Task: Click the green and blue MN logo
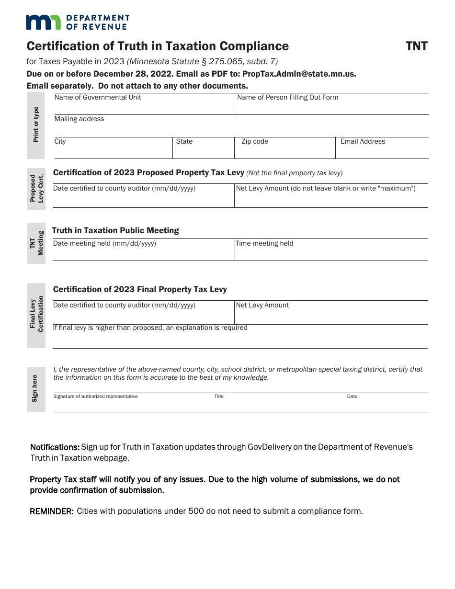[44, 22]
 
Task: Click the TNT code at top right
[416, 46]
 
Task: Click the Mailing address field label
[79, 119]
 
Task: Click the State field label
[184, 142]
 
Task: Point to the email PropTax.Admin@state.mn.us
[299, 74]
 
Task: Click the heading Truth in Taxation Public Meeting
[115, 230]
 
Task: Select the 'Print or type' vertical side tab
[36, 125]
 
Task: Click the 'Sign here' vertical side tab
[35, 388]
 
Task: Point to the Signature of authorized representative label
[95, 396]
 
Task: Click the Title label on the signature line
[219, 396]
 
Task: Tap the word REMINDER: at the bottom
[52, 511]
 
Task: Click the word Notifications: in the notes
[55, 447]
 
